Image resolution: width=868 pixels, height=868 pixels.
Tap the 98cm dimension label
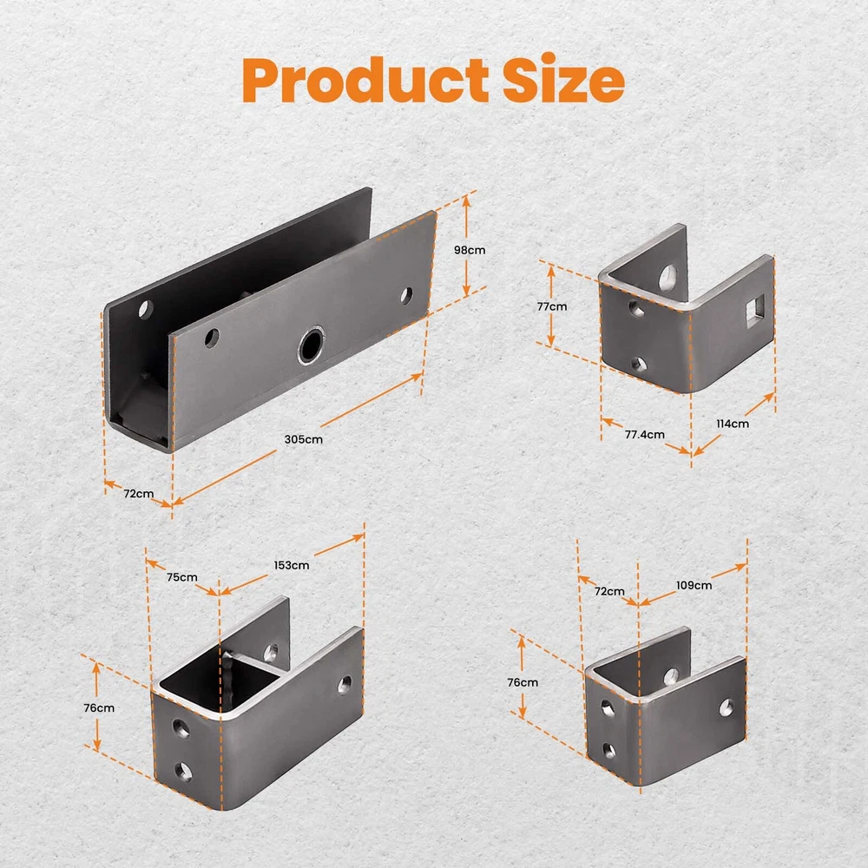[x=470, y=250]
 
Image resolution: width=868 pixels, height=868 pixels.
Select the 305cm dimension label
[x=303, y=439]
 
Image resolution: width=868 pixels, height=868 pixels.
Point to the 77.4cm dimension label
[x=644, y=435]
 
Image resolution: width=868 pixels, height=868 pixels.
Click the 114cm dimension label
[x=733, y=424]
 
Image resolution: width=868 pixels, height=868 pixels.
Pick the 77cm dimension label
[x=552, y=306]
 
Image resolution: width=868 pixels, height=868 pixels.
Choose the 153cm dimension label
[x=291, y=565]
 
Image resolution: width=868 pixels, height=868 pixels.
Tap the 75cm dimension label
[x=182, y=577]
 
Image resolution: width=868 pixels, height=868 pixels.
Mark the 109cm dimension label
[x=694, y=585]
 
